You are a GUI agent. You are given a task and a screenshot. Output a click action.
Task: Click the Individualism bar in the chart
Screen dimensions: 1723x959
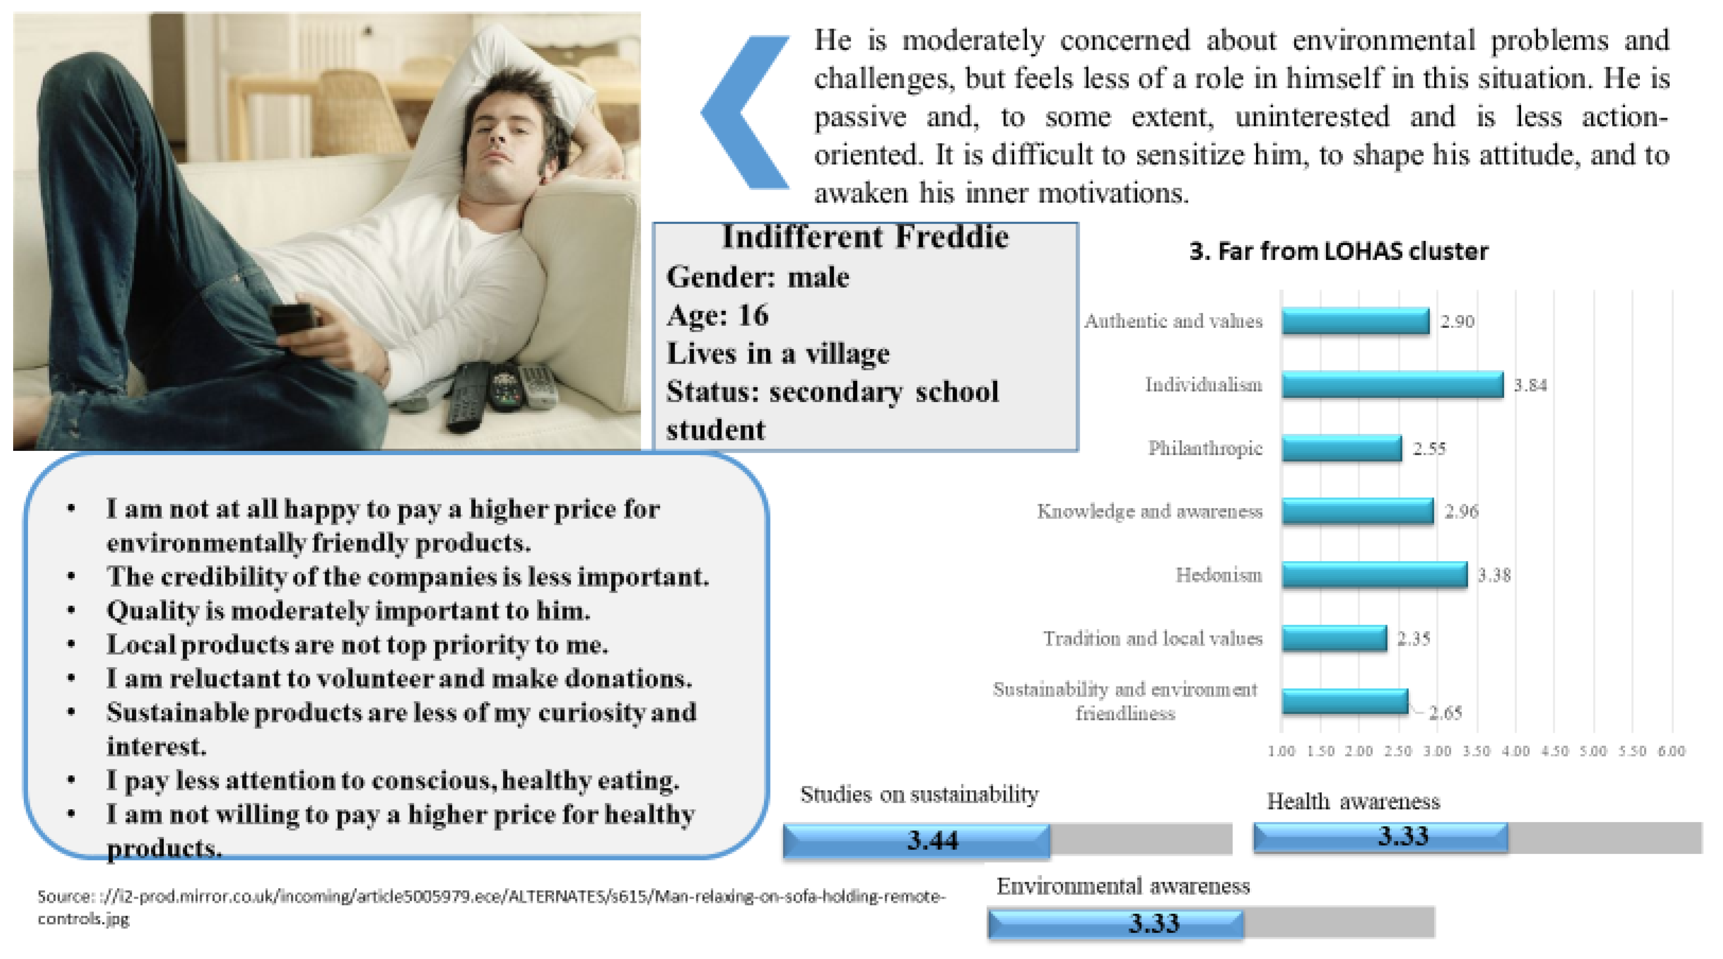(1393, 385)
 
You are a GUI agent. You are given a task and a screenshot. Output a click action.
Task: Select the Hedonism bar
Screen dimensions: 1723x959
(1374, 575)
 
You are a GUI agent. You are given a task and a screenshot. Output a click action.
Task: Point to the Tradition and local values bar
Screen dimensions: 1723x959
(1335, 638)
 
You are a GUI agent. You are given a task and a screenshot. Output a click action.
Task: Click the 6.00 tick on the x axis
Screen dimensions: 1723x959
(1671, 751)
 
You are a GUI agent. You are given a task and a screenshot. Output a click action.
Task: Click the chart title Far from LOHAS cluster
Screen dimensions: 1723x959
(1338, 252)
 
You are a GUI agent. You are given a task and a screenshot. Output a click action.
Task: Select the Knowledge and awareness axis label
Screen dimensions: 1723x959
(1150, 512)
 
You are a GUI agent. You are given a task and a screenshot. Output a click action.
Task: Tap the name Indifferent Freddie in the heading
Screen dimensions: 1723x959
(865, 238)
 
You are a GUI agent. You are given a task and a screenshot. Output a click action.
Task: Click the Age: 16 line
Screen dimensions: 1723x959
(718, 315)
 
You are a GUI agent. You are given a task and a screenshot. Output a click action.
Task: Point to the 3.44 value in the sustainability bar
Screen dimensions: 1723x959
(933, 840)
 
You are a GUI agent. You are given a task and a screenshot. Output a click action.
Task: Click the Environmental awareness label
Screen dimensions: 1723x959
(1123, 886)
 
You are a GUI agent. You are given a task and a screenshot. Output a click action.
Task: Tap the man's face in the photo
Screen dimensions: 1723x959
(512, 144)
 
